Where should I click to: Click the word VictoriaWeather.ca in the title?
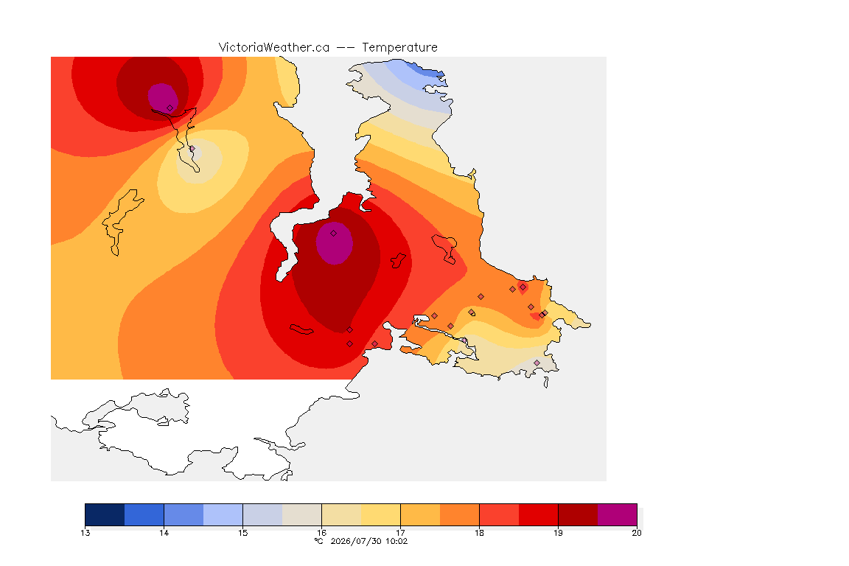pyautogui.click(x=274, y=48)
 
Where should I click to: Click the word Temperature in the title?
pyautogui.click(x=399, y=48)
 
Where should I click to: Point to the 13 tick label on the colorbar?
pyautogui.click(x=85, y=533)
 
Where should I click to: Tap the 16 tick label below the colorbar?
pyautogui.click(x=321, y=533)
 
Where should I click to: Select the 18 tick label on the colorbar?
pyautogui.click(x=479, y=533)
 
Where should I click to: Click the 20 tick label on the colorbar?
pyautogui.click(x=637, y=533)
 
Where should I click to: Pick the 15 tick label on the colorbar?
pyautogui.click(x=243, y=533)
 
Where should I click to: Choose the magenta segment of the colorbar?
pyautogui.click(x=618, y=514)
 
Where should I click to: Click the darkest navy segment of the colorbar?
pyautogui.click(x=105, y=514)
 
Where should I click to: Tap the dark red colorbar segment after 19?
pyautogui.click(x=578, y=514)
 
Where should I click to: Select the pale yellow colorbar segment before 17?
pyautogui.click(x=380, y=514)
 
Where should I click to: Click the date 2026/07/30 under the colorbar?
pyautogui.click(x=356, y=541)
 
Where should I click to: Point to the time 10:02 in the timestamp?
pyautogui.click(x=396, y=541)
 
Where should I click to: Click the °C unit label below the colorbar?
pyautogui.click(x=318, y=541)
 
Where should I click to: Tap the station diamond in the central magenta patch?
pyautogui.click(x=334, y=234)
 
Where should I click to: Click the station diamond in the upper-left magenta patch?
pyautogui.click(x=170, y=108)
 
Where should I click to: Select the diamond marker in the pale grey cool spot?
pyautogui.click(x=192, y=149)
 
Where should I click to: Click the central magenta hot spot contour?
pyautogui.click(x=335, y=243)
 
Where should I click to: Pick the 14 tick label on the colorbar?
pyautogui.click(x=164, y=533)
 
